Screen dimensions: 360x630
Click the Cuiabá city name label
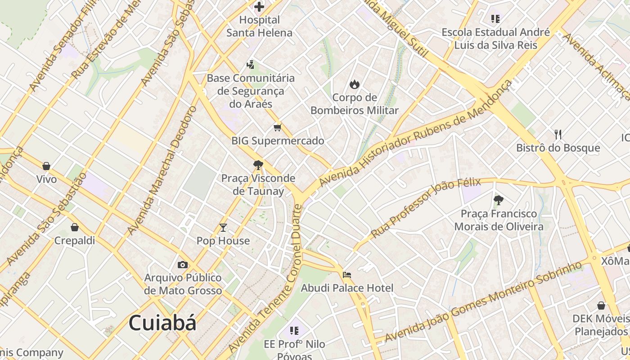[x=162, y=323]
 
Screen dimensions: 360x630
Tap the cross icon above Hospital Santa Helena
[x=259, y=6]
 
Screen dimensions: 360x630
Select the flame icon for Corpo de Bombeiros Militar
[x=355, y=84]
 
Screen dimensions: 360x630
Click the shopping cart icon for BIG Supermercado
[x=277, y=128]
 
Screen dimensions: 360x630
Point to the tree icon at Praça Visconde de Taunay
[x=258, y=165]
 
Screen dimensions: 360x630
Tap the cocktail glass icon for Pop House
[x=223, y=228]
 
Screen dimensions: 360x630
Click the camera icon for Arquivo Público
[x=183, y=265]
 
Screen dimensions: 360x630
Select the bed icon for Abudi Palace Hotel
[x=346, y=275]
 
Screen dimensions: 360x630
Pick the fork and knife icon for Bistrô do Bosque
[x=558, y=134]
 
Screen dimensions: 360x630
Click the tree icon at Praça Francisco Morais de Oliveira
[x=498, y=200]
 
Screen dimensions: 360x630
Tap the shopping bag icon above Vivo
[x=46, y=166]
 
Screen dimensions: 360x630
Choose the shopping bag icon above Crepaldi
[x=75, y=227]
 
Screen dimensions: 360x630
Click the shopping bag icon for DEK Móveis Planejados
[x=601, y=306]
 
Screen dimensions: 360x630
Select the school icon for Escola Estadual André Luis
[x=495, y=19]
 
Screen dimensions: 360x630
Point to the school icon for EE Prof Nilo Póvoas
[x=294, y=331]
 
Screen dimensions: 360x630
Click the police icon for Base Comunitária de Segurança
[x=250, y=65]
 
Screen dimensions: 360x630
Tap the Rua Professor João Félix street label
[x=426, y=208]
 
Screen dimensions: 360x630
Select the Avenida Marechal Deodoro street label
[x=162, y=171]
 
